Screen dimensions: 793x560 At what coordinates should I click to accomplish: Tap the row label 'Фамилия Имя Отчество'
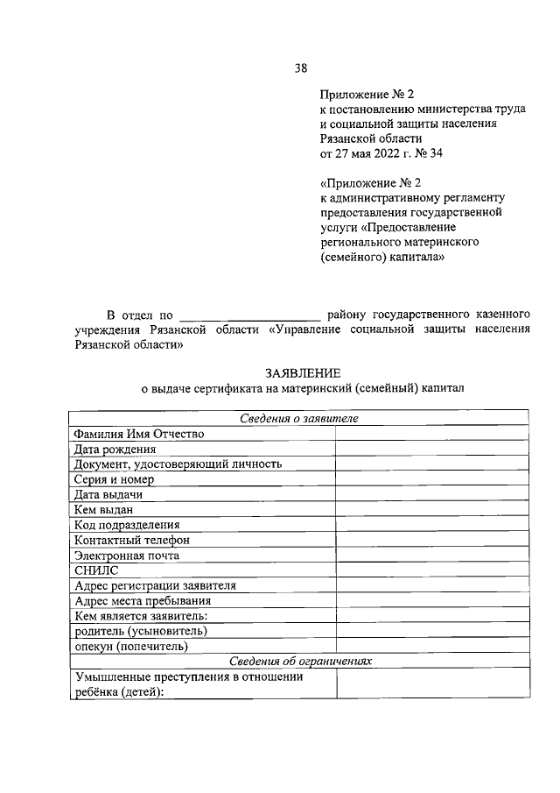(x=139, y=434)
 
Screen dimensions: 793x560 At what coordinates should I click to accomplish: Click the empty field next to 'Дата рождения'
(x=431, y=449)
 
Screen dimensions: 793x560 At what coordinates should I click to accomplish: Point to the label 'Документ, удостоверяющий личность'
(x=178, y=464)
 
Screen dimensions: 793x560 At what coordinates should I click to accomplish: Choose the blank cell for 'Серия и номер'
(x=431, y=479)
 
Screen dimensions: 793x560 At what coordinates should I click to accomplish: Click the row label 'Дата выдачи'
(x=108, y=494)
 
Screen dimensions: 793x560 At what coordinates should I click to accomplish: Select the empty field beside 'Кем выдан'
(x=431, y=509)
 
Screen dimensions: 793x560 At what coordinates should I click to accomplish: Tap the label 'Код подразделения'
(x=126, y=525)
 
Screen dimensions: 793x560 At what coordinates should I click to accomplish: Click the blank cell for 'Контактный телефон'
(x=431, y=540)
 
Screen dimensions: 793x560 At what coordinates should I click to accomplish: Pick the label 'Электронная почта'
(x=127, y=556)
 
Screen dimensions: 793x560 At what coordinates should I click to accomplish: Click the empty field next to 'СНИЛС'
(x=431, y=570)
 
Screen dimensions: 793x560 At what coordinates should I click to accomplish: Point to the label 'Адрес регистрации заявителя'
(x=155, y=585)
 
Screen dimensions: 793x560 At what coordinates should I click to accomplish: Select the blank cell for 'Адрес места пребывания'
(x=431, y=600)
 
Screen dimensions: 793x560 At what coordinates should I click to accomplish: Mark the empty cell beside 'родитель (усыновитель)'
(x=431, y=631)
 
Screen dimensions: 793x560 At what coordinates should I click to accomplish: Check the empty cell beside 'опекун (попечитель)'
(x=431, y=646)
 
